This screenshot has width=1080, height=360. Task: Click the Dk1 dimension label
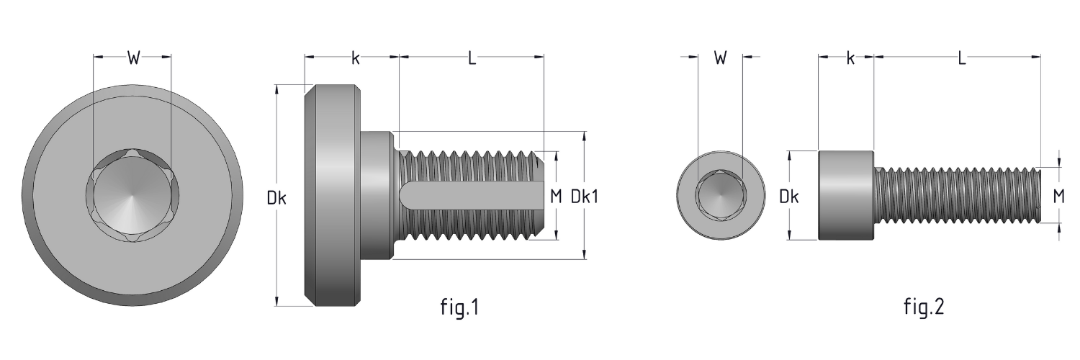click(x=584, y=197)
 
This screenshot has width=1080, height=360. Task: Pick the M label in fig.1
click(x=554, y=197)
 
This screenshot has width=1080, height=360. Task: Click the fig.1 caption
click(x=459, y=308)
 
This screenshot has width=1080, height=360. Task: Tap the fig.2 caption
click(x=924, y=308)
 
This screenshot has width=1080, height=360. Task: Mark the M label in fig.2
click(x=1059, y=196)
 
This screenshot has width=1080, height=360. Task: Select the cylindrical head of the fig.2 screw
click(x=846, y=195)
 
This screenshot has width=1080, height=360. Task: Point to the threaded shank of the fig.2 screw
click(x=958, y=195)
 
